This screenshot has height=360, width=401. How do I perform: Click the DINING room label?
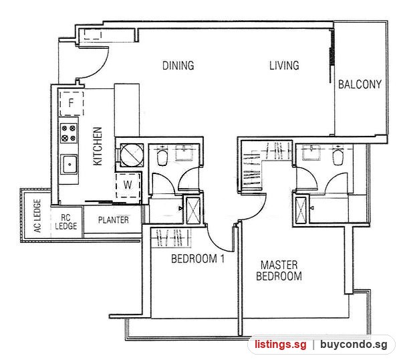(178, 66)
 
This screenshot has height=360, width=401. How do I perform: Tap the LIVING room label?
(284, 66)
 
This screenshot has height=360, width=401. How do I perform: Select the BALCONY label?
(360, 84)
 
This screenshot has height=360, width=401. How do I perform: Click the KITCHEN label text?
(98, 146)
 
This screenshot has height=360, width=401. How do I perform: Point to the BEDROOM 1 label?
(198, 258)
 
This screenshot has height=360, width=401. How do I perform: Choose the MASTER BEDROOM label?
(279, 270)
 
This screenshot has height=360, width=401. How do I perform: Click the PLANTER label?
(114, 220)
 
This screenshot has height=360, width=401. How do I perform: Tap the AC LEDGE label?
(37, 216)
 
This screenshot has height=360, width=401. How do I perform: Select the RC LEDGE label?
(65, 222)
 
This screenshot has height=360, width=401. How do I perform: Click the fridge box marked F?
(72, 104)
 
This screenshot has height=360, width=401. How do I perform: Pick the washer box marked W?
(128, 185)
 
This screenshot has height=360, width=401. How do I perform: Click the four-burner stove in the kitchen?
(69, 133)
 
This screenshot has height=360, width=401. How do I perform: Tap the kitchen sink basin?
(69, 165)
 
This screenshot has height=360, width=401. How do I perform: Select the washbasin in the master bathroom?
(311, 153)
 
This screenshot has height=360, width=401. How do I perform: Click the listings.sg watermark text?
(280, 345)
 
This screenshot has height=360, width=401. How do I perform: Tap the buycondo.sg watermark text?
(354, 345)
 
